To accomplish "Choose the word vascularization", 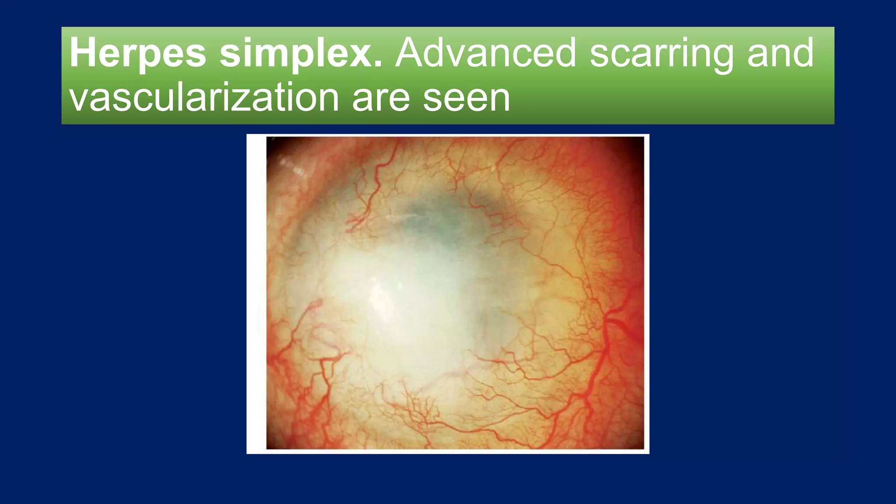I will [x=204, y=97].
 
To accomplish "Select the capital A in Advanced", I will [x=409, y=53].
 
